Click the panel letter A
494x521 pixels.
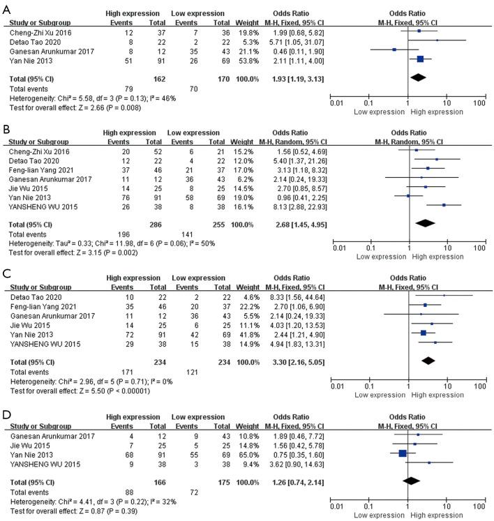[x=6, y=6]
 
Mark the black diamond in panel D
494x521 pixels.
[x=410, y=481]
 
